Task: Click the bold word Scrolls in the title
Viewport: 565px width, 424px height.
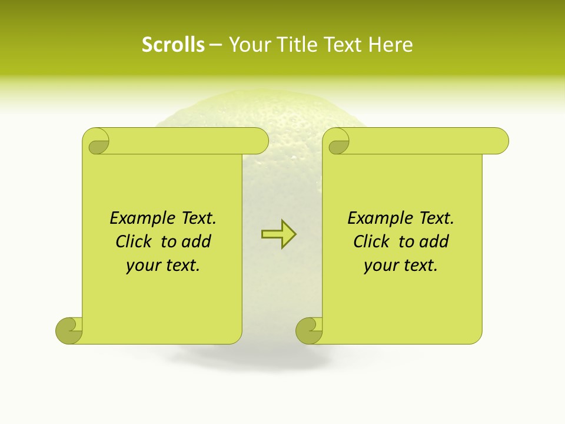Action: pos(173,45)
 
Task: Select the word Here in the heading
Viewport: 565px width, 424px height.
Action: pos(391,45)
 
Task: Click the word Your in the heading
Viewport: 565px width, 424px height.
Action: pos(248,45)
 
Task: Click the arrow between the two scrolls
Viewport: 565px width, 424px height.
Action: pos(278,234)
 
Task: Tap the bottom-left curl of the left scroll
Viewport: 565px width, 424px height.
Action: pos(68,330)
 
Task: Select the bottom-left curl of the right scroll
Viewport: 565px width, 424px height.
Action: pos(308,330)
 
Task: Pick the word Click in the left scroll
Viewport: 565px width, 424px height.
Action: pos(135,241)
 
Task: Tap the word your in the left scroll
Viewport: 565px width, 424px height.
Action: pos(142,266)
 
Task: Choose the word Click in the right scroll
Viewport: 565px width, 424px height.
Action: pos(372,241)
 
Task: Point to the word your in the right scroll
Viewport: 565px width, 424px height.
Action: pos(380,266)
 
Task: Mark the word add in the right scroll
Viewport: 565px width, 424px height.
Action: pos(434,241)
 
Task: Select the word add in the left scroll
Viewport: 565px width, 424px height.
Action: pos(196,241)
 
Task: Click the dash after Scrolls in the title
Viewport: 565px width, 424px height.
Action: pos(215,45)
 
